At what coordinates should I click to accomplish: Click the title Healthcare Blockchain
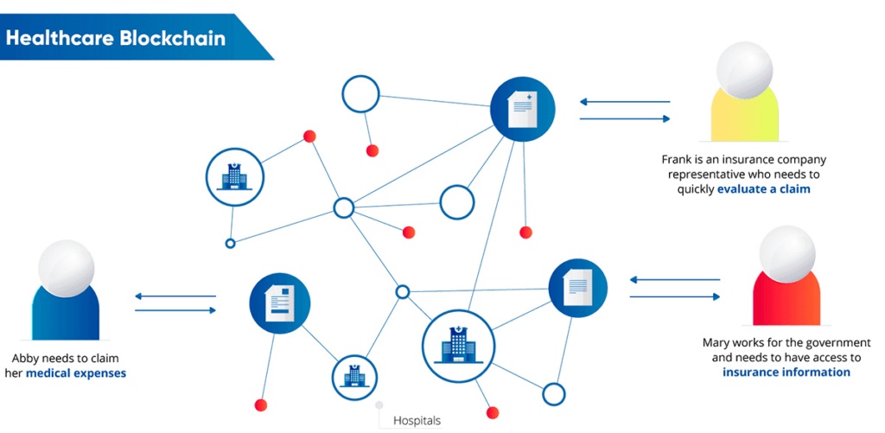click(x=116, y=39)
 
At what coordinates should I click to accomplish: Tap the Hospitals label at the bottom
click(x=417, y=421)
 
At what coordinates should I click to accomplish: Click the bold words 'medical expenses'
click(x=76, y=373)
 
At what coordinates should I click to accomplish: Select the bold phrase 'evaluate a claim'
click(x=763, y=188)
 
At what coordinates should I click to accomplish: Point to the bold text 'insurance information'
click(x=786, y=373)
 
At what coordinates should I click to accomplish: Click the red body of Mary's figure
click(x=786, y=298)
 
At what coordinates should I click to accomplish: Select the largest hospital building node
click(x=458, y=346)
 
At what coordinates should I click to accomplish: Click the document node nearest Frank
click(x=522, y=109)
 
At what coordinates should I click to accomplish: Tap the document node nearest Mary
click(x=578, y=287)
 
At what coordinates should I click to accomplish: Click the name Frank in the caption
click(x=676, y=160)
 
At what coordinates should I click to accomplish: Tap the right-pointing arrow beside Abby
click(x=175, y=309)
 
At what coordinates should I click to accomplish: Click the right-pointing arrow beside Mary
click(x=674, y=296)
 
